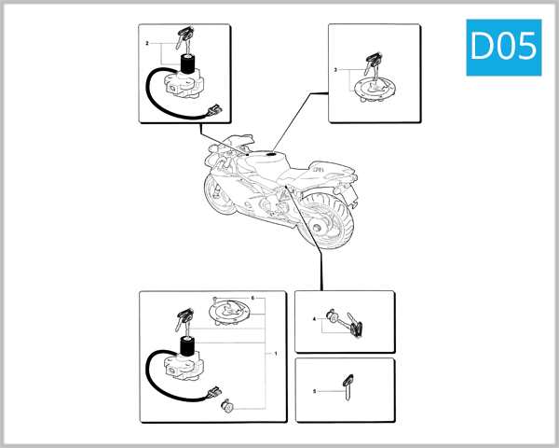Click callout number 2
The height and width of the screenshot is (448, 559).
coord(147,44)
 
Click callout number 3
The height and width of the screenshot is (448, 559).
coord(335,71)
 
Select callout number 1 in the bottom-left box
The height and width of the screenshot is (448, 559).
coord(276,355)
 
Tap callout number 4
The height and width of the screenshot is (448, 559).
coord(314,320)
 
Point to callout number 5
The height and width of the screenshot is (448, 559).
coord(314,391)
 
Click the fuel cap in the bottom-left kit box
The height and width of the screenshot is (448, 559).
coord(228,312)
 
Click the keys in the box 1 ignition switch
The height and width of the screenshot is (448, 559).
coord(182,320)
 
